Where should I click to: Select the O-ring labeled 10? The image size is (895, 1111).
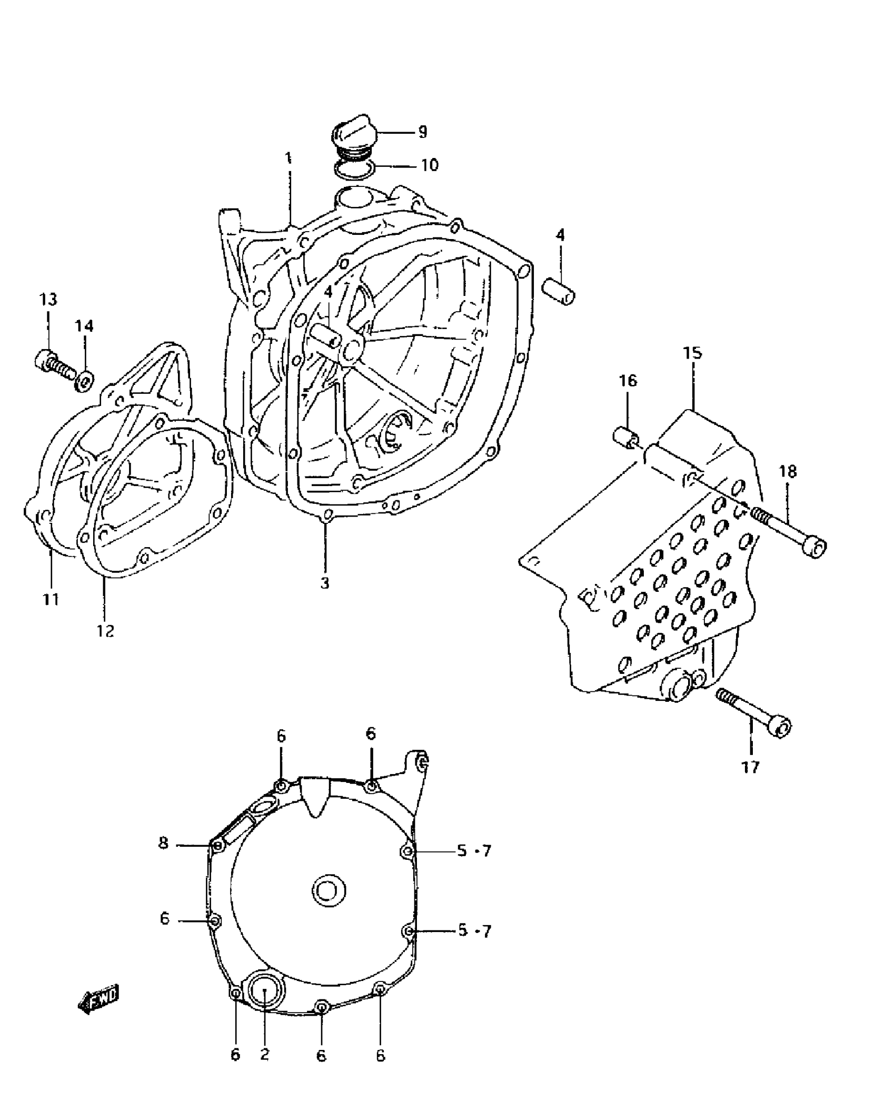click(354, 168)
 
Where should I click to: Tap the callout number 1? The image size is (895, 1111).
click(288, 157)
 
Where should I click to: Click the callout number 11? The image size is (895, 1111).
click(51, 599)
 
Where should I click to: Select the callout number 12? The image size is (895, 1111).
click(105, 630)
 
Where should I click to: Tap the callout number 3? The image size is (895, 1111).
click(325, 583)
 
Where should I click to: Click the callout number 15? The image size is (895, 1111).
click(693, 352)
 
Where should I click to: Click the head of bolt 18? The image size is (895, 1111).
click(814, 548)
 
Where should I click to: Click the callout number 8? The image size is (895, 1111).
click(163, 843)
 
